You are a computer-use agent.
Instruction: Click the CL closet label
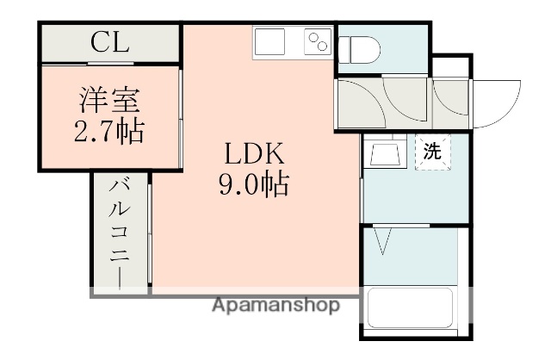pyautogui.click(x=111, y=42)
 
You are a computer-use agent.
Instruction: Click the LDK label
pyautogui.click(x=254, y=156)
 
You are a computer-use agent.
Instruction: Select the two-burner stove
pyautogui.click(x=318, y=42)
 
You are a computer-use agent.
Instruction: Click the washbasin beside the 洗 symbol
pyautogui.click(x=383, y=153)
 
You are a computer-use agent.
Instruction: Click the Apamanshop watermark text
pyautogui.click(x=276, y=306)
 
